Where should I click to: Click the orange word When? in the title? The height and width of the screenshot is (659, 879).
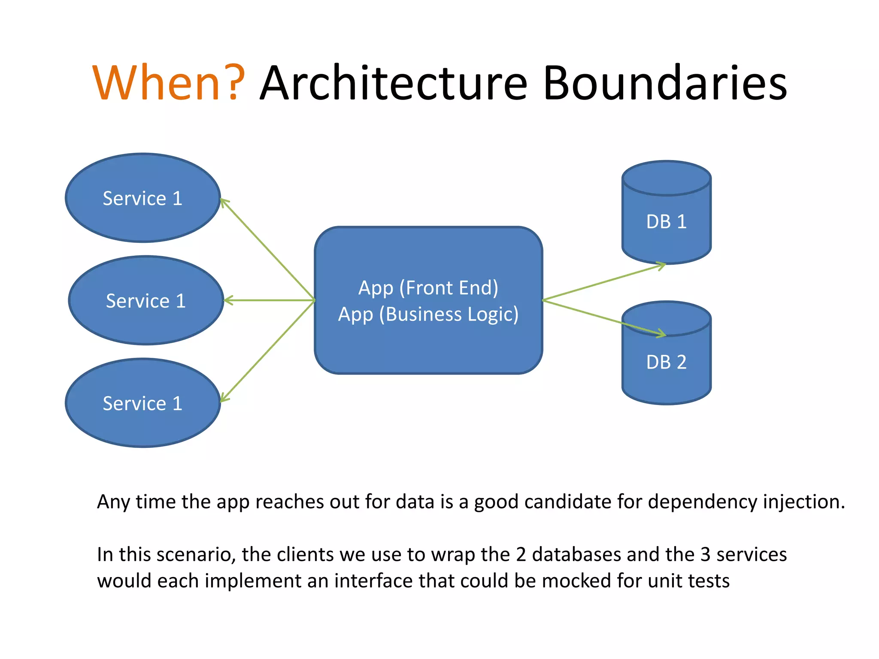pos(169,83)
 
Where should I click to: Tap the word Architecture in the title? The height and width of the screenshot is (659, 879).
pos(394,83)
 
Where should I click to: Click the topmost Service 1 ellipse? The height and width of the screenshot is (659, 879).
pos(142,198)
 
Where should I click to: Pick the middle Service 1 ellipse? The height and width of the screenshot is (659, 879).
pos(146,300)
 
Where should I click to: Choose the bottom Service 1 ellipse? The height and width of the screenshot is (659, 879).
pos(142,403)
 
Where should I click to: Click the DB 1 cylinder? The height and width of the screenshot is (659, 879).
pos(666,221)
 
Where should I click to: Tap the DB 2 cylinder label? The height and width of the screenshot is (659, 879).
pos(666,362)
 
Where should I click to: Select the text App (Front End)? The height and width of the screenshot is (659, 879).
pos(428,287)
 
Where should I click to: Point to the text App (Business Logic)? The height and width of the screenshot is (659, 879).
pos(428,314)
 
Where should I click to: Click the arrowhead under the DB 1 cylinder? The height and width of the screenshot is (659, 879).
pos(662,266)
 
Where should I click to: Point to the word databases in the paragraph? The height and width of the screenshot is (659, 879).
pos(576,554)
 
